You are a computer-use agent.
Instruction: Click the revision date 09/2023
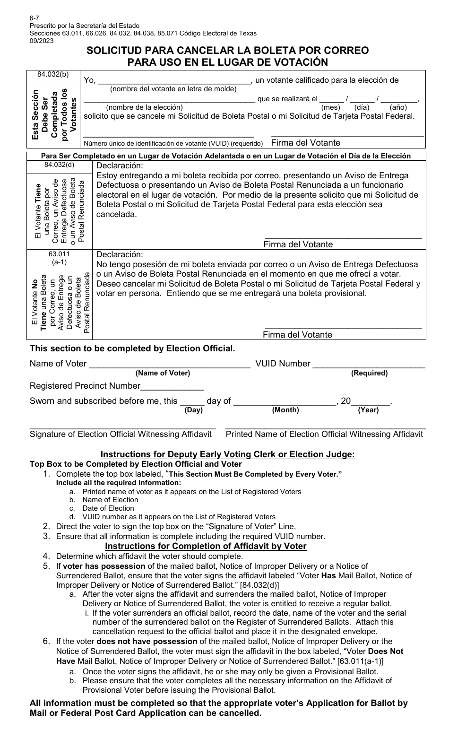tap(42, 40)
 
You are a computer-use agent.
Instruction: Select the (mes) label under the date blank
tap(330, 107)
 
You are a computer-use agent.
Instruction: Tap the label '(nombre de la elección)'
tap(144, 107)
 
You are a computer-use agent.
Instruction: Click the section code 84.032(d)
tap(59, 165)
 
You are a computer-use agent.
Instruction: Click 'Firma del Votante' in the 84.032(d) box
tap(298, 244)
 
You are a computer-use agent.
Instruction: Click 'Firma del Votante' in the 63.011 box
tap(297, 334)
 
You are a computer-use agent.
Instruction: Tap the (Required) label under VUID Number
tap(369, 373)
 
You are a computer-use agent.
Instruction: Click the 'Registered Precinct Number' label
tap(85, 386)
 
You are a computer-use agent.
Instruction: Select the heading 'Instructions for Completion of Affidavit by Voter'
tap(206, 546)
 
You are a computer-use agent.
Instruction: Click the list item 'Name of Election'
tap(110, 500)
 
